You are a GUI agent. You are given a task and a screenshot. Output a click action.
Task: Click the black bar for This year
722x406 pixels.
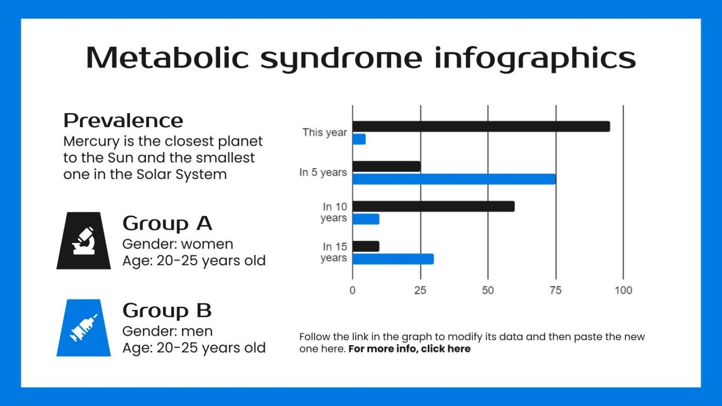481,126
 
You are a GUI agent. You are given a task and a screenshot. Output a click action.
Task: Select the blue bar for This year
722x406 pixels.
359,139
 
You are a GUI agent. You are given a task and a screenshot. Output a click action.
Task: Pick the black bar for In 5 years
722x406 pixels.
386,166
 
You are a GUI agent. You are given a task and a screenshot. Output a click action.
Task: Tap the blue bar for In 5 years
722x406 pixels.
454,179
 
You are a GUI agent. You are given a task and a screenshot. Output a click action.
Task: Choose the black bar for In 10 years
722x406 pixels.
433,206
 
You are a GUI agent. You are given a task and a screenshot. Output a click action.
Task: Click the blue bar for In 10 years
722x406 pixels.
366,219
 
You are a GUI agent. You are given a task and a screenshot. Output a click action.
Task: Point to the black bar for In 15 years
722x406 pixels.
366,246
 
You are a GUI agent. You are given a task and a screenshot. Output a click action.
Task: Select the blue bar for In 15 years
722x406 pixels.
393,259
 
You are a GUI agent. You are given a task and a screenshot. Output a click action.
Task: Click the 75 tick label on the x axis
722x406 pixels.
555,291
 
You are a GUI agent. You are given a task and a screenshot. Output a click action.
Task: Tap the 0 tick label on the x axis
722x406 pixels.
352,291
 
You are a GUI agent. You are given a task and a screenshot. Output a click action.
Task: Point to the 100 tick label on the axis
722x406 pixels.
623,291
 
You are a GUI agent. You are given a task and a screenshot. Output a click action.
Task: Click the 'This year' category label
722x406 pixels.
324,132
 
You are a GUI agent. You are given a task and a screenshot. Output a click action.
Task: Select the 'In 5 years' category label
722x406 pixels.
323,173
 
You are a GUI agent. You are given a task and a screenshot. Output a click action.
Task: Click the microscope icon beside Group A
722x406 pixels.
84,240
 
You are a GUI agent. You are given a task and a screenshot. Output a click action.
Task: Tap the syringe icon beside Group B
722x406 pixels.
84,328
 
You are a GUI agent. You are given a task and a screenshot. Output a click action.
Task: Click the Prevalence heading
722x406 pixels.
123,120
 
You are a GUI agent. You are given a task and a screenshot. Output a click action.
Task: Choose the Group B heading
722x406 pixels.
167,311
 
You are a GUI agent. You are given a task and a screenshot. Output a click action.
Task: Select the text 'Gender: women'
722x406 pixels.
178,243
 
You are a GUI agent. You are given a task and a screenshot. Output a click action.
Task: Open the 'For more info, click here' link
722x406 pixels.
410,349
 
